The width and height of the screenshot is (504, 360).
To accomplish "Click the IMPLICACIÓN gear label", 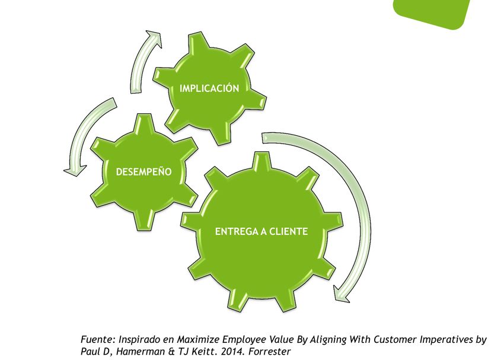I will pyautogui.click(x=209, y=88).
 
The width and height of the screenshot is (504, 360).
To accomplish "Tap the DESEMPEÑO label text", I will pyautogui.click(x=144, y=172).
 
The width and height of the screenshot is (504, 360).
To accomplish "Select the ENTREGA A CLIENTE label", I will pyautogui.click(x=261, y=231).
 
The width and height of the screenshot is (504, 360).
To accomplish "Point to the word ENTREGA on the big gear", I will pyautogui.click(x=235, y=231).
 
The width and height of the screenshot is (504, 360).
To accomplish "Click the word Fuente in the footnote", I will pyautogui.click(x=95, y=340).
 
